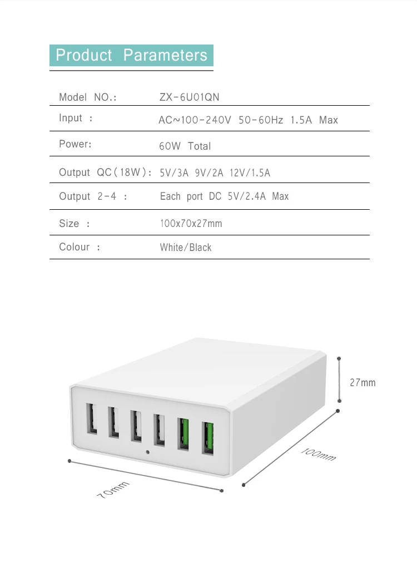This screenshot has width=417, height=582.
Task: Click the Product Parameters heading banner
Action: tap(131, 56)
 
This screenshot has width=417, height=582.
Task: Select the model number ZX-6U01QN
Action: tap(189, 97)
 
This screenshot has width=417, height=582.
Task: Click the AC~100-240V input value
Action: tap(248, 120)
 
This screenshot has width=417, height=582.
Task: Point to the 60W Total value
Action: tap(185, 146)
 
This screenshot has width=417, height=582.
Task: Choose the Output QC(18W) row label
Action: tap(105, 172)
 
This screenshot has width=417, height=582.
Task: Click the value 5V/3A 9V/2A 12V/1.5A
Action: tap(215, 173)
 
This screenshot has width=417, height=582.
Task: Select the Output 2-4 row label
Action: tap(93, 196)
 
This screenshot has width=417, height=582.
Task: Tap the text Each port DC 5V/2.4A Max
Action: tap(224, 196)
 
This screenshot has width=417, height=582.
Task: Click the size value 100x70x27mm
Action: tap(191, 224)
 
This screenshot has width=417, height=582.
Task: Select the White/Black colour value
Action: tap(186, 248)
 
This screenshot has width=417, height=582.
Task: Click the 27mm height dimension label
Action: tap(363, 383)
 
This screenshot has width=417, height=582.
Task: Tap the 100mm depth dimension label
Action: tap(319, 453)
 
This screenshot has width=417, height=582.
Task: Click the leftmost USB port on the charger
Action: tap(91, 418)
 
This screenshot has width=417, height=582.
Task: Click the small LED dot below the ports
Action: tap(147, 451)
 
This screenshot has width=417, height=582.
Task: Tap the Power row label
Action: tap(75, 144)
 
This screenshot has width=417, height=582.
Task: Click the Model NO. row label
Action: tap(88, 97)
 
